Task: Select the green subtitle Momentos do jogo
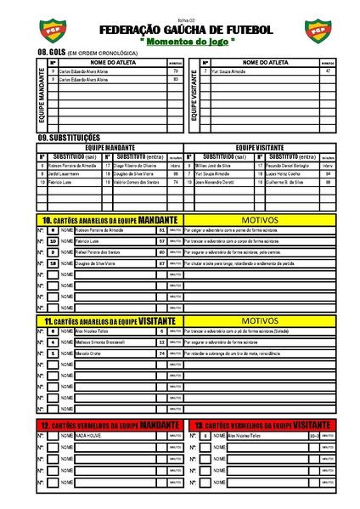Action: pos(179,41)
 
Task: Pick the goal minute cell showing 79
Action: pos(175,71)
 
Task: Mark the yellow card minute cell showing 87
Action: pos(160,263)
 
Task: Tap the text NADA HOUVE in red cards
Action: pos(90,435)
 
